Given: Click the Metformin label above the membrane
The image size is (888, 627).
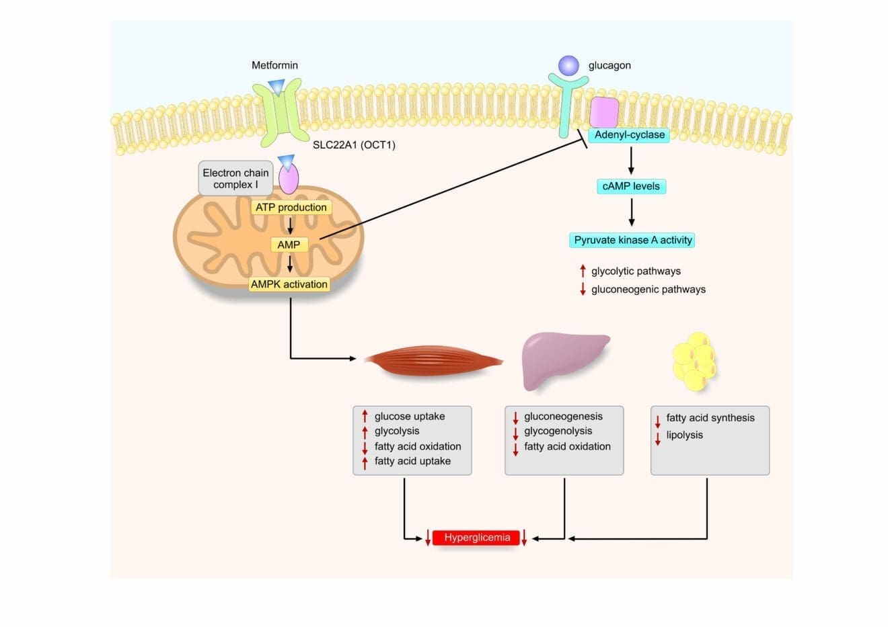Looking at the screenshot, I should click(274, 65).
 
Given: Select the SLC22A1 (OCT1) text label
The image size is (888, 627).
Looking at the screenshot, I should click(354, 144).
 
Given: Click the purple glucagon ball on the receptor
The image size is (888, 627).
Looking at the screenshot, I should click(568, 65).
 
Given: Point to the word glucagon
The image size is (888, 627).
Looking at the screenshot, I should click(609, 65).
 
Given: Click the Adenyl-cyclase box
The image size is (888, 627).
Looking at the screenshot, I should click(629, 135).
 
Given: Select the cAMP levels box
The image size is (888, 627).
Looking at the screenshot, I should click(631, 186).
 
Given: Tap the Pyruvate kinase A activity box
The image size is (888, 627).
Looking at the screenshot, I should click(632, 240).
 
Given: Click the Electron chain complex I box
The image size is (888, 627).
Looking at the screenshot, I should click(235, 178).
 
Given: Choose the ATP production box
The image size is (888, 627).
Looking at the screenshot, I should click(291, 208).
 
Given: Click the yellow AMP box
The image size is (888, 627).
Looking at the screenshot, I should click(289, 245).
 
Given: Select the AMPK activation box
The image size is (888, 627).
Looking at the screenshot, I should click(289, 284).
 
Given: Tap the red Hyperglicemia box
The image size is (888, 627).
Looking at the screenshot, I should click(476, 538).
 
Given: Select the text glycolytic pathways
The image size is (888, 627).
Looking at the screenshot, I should click(636, 271).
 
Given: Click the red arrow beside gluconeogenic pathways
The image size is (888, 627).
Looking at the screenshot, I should click(583, 290).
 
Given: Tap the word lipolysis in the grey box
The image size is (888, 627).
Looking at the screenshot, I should click(684, 435).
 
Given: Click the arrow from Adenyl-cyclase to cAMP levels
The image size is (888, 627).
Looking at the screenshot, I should click(631, 160).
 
